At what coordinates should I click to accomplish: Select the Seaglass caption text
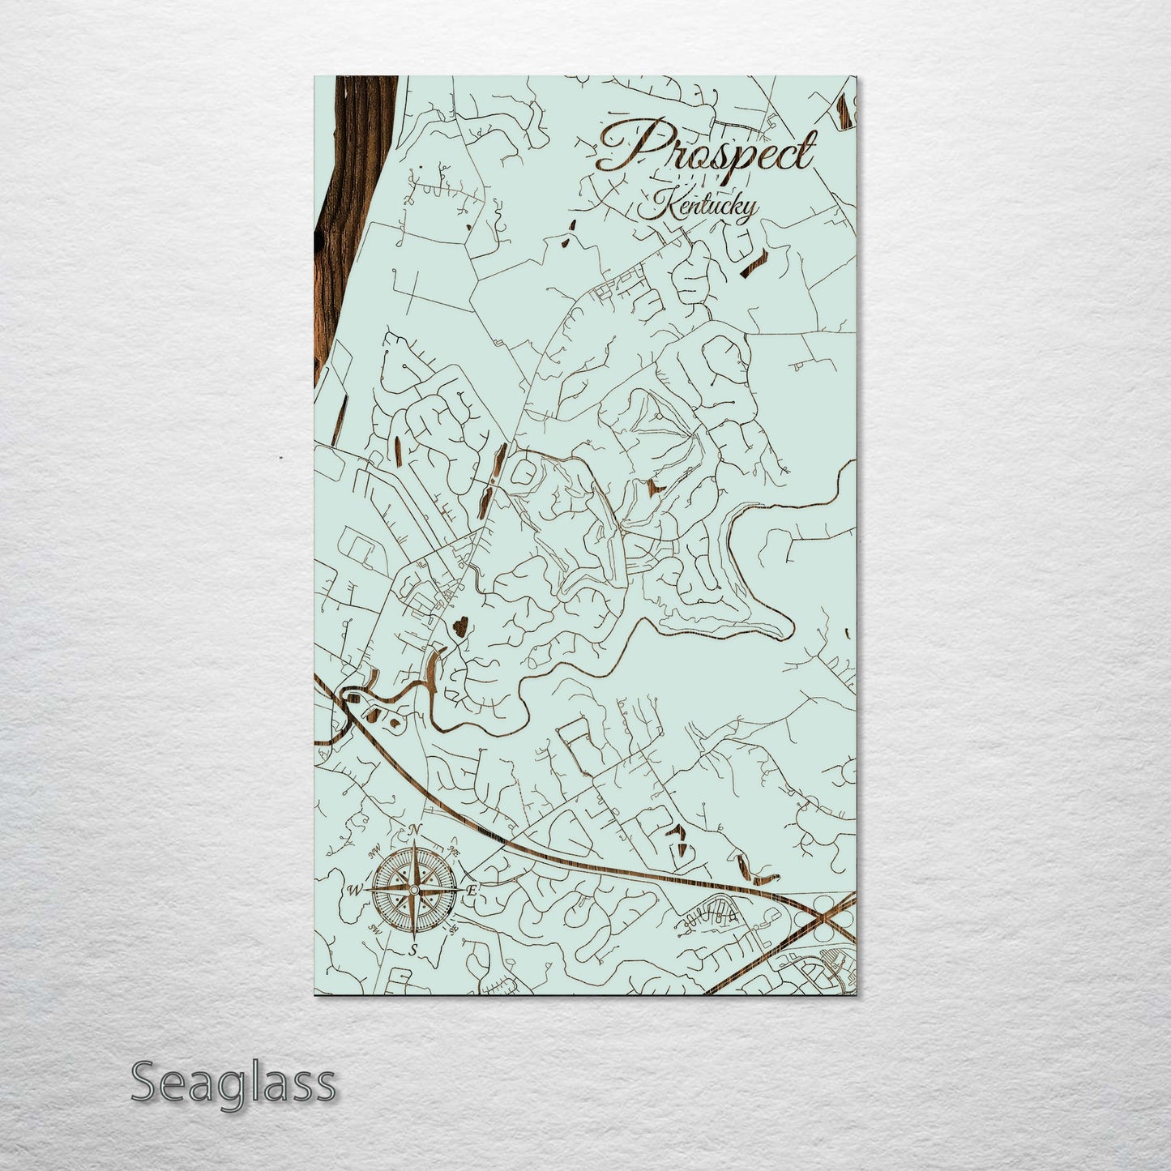[x=233, y=1082]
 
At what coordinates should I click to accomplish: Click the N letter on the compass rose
[x=416, y=829]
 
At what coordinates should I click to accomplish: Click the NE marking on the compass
[x=453, y=852]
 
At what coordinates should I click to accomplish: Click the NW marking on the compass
[x=375, y=852]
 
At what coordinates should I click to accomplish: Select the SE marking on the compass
[x=453, y=929]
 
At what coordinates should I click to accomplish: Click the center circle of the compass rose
[x=414, y=890]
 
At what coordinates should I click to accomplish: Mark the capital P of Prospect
[x=624, y=151]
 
